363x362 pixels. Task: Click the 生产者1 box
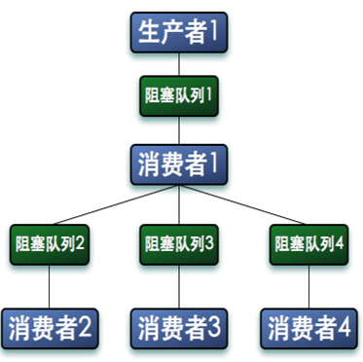(179, 33)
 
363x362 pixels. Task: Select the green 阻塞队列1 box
(179, 97)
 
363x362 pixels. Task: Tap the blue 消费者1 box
(179, 163)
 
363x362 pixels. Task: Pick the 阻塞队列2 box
(50, 242)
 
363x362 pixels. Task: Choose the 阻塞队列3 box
(179, 242)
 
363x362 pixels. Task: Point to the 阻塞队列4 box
(310, 242)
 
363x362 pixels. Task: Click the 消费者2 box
(50, 325)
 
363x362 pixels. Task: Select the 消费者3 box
(179, 325)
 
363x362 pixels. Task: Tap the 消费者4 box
(310, 325)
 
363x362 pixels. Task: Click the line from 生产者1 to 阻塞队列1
(179, 64)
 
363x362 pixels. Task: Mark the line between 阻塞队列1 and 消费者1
(179, 130)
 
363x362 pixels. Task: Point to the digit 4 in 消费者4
(346, 325)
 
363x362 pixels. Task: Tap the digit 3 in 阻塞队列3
(210, 242)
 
